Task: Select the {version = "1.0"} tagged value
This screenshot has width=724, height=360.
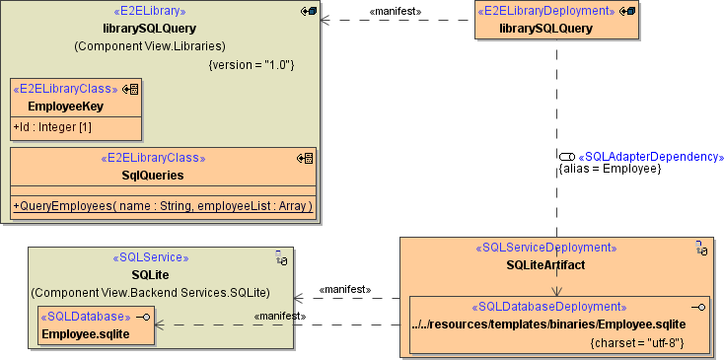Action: tap(252, 64)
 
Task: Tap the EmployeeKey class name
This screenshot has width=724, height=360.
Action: tap(66, 106)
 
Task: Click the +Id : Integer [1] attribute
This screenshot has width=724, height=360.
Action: tap(51, 127)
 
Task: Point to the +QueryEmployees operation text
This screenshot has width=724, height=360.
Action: tap(163, 205)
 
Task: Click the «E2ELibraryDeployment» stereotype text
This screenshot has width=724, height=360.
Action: tap(545, 11)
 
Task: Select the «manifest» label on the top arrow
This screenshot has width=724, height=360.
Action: tap(395, 11)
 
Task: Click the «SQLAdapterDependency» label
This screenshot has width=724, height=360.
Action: tap(651, 156)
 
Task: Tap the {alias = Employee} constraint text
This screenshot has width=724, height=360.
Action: tap(610, 169)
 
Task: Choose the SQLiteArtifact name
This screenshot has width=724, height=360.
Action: tap(545, 264)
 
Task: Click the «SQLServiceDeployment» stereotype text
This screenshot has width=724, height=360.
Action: tap(545, 248)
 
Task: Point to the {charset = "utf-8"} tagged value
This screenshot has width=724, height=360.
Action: tap(637, 343)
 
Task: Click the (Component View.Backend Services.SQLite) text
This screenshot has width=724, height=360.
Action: tap(163, 293)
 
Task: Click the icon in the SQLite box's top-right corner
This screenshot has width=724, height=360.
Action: tap(280, 257)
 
